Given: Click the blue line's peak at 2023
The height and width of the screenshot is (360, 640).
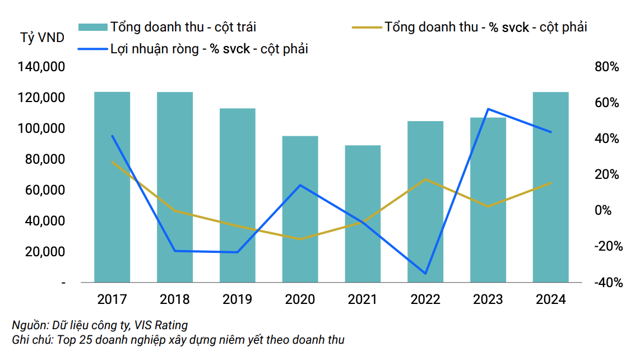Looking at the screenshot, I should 488,109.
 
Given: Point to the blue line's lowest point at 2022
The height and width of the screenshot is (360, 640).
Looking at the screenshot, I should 425,274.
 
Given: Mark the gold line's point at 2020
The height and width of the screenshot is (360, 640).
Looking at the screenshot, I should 300,239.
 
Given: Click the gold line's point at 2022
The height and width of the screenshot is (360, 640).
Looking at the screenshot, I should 425,179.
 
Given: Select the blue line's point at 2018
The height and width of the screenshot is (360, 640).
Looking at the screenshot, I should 175,251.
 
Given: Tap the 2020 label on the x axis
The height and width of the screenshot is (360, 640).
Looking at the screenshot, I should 300,299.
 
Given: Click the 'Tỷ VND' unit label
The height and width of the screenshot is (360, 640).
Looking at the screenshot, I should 42,38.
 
